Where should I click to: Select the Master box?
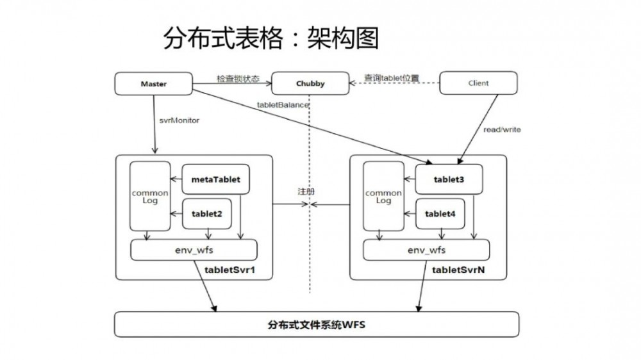[x=153, y=83]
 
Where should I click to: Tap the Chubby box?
[x=310, y=83]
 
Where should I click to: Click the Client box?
[x=478, y=83]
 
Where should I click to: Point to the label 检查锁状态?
[x=238, y=79]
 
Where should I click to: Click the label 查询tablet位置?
[x=392, y=78]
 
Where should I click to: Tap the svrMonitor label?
[x=179, y=120]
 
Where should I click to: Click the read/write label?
[x=502, y=129]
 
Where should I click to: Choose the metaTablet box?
[x=215, y=179]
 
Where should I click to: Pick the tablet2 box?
[x=207, y=213]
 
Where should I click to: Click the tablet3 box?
[x=448, y=180]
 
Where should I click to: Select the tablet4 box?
[x=440, y=214]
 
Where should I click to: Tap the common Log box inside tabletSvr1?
[x=149, y=196]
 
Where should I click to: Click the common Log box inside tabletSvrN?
[x=383, y=196]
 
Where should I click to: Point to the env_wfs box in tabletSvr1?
[x=194, y=250]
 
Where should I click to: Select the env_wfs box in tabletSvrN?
[x=427, y=250]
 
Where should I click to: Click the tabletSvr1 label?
[x=229, y=271]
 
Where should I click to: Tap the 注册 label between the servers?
[x=306, y=192]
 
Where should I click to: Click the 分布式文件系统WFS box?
[x=317, y=324]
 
